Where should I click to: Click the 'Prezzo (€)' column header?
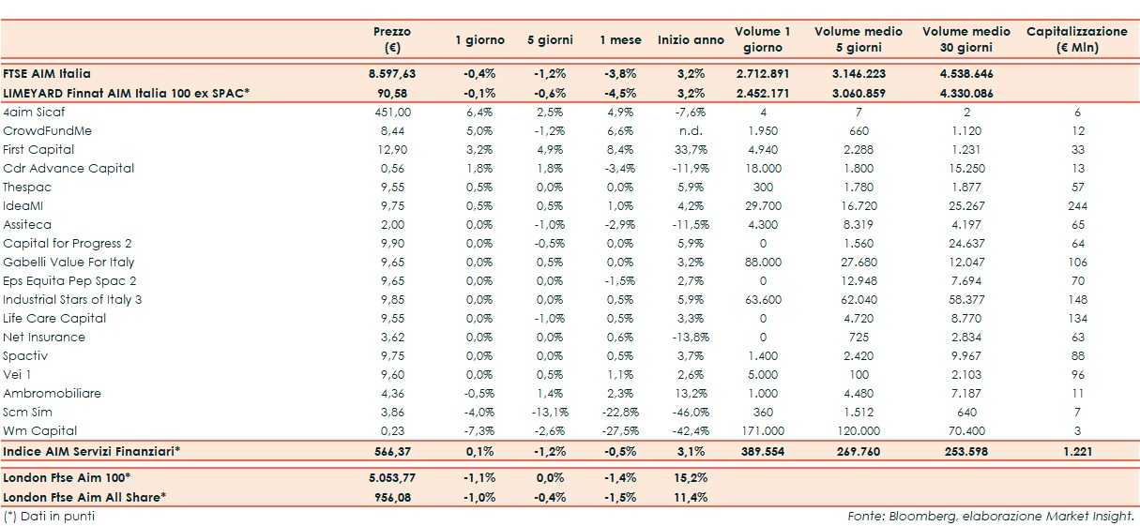pos(392,39)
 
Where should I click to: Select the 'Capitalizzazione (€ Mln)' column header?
pos(1077,39)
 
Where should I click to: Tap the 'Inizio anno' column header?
pos(691,40)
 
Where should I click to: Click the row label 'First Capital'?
pos(38,149)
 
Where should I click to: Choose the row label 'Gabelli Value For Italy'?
pos(68,262)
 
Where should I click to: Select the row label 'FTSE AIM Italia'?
pos(47,72)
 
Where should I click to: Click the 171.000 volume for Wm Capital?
pos(762,430)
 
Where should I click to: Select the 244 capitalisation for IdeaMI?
pos(1077,205)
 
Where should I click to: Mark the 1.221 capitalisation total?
pos(1077,451)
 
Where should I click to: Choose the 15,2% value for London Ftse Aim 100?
pos(691,477)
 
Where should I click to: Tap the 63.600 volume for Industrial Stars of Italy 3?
pos(762,299)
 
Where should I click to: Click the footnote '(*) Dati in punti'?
pos(50,516)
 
